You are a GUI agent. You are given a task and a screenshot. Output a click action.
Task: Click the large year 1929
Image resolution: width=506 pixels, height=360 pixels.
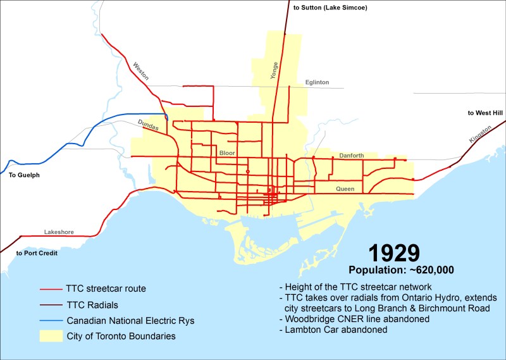[393, 253]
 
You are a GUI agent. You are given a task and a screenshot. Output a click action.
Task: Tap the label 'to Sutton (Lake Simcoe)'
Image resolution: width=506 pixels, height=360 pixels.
[330, 8]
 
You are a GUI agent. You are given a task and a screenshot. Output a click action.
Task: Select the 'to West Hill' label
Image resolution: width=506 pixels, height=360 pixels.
[485, 113]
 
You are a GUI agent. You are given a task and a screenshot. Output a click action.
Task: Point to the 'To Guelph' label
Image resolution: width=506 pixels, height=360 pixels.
[24, 174]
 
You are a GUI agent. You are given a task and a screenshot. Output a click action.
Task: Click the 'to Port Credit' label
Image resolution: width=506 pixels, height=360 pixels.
[37, 253]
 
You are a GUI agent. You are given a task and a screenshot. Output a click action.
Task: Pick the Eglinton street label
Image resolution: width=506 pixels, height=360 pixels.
[317, 82]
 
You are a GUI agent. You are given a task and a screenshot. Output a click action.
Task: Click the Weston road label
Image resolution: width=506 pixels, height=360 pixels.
[141, 70]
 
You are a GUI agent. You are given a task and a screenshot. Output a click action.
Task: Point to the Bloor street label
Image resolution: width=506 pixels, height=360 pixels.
[226, 153]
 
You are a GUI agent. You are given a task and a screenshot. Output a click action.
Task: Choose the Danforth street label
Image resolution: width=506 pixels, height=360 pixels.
[351, 155]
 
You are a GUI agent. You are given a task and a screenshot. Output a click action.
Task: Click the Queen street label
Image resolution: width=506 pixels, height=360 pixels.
[345, 189]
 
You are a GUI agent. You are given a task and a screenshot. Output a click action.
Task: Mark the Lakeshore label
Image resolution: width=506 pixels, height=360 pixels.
[59, 232]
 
